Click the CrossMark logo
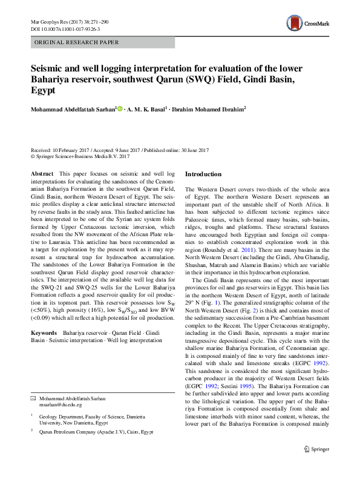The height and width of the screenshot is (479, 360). pyautogui.click(x=307, y=24)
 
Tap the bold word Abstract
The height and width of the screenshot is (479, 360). pyautogui.click(x=42, y=174)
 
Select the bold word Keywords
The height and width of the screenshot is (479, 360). pyautogui.click(x=44, y=333)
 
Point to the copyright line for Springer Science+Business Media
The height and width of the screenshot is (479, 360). pyautogui.click(x=80, y=156)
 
